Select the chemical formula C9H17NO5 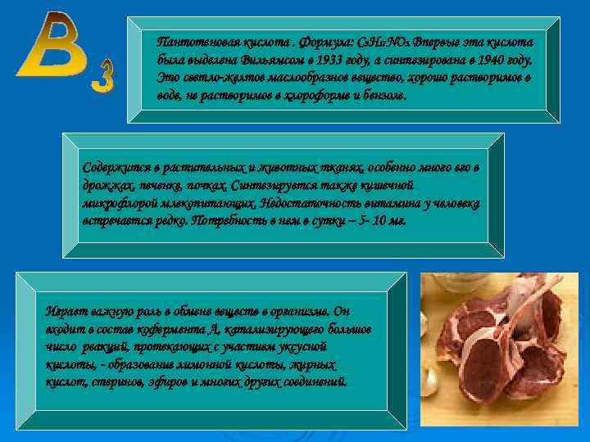(388, 41)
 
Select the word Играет (65, 311)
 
